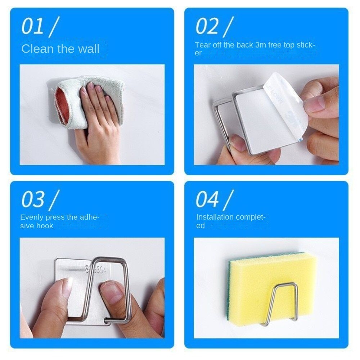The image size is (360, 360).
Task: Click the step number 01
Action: (x=33, y=27)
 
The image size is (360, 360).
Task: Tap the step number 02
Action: (x=207, y=27)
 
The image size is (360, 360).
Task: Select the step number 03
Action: (x=33, y=200)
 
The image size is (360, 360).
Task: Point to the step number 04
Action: (x=207, y=200)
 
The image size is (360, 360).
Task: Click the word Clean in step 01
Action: (x=36, y=49)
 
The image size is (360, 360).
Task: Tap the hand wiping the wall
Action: (x=99, y=119)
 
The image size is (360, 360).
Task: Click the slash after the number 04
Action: (x=228, y=200)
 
